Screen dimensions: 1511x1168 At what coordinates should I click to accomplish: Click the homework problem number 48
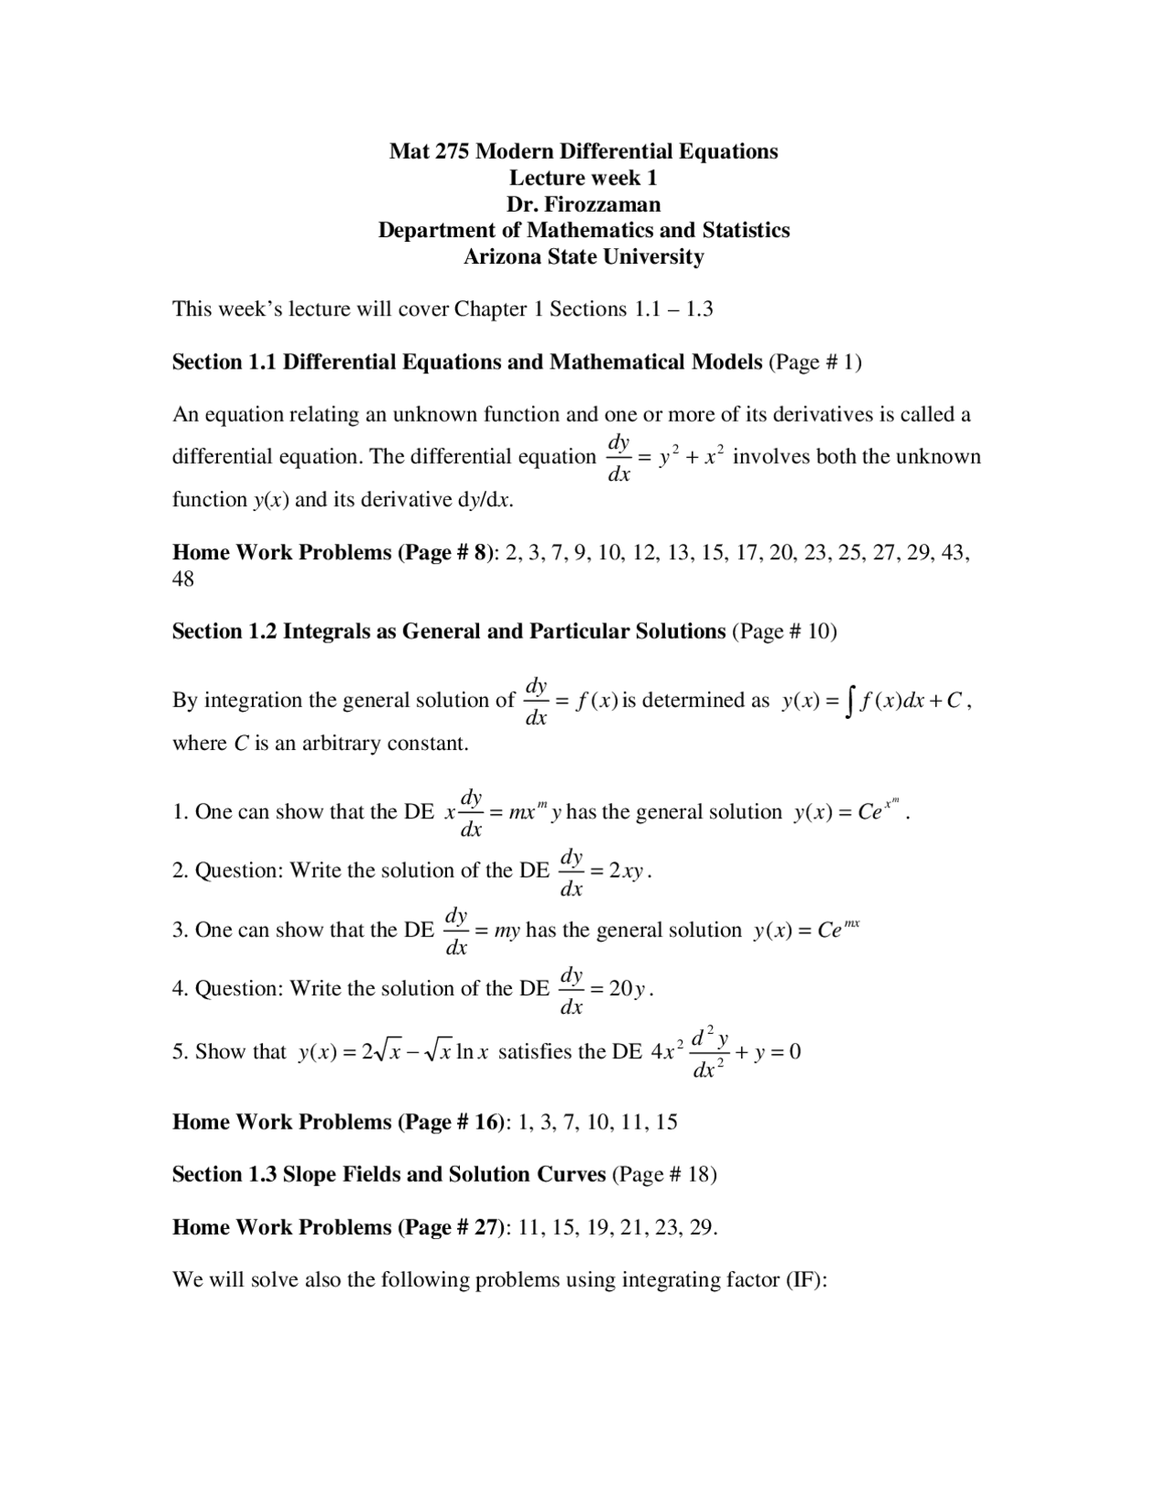183,579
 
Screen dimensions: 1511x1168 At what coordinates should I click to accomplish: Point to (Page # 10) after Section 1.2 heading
785,631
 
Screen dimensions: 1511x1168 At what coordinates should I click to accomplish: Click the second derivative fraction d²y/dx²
709,1052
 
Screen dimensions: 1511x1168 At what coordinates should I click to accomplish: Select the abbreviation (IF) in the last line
806,1280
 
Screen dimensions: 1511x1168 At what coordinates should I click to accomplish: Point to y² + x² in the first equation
692,457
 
